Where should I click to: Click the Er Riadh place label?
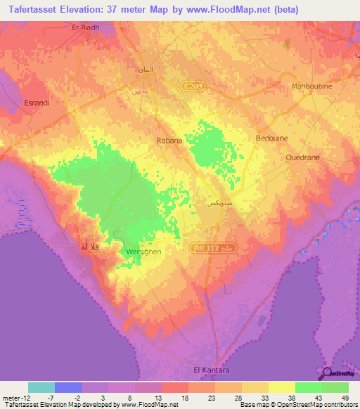point(88,27)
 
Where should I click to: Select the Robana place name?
point(169,141)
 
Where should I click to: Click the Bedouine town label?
point(272,138)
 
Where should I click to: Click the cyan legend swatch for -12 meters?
point(41,387)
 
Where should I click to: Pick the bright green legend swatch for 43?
point(309,387)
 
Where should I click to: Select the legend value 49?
point(345,398)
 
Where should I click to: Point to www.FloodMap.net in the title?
point(231,10)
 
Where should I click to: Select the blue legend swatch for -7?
point(68,387)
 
